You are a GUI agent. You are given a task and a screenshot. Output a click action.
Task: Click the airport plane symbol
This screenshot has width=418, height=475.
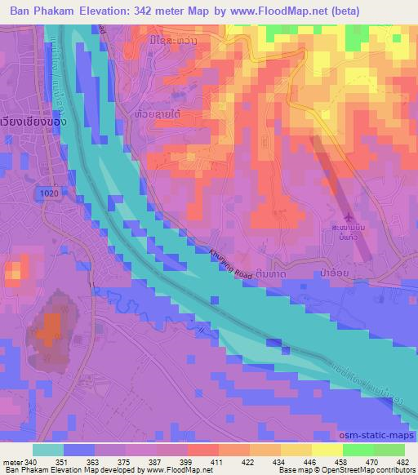(x=350, y=216)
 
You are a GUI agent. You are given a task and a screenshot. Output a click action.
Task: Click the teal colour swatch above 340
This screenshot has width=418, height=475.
(x=49, y=450)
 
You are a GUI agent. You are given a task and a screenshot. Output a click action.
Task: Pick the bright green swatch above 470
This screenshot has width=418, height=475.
(x=358, y=450)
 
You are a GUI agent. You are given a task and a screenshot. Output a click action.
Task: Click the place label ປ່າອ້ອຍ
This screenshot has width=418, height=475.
(x=355, y=274)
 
